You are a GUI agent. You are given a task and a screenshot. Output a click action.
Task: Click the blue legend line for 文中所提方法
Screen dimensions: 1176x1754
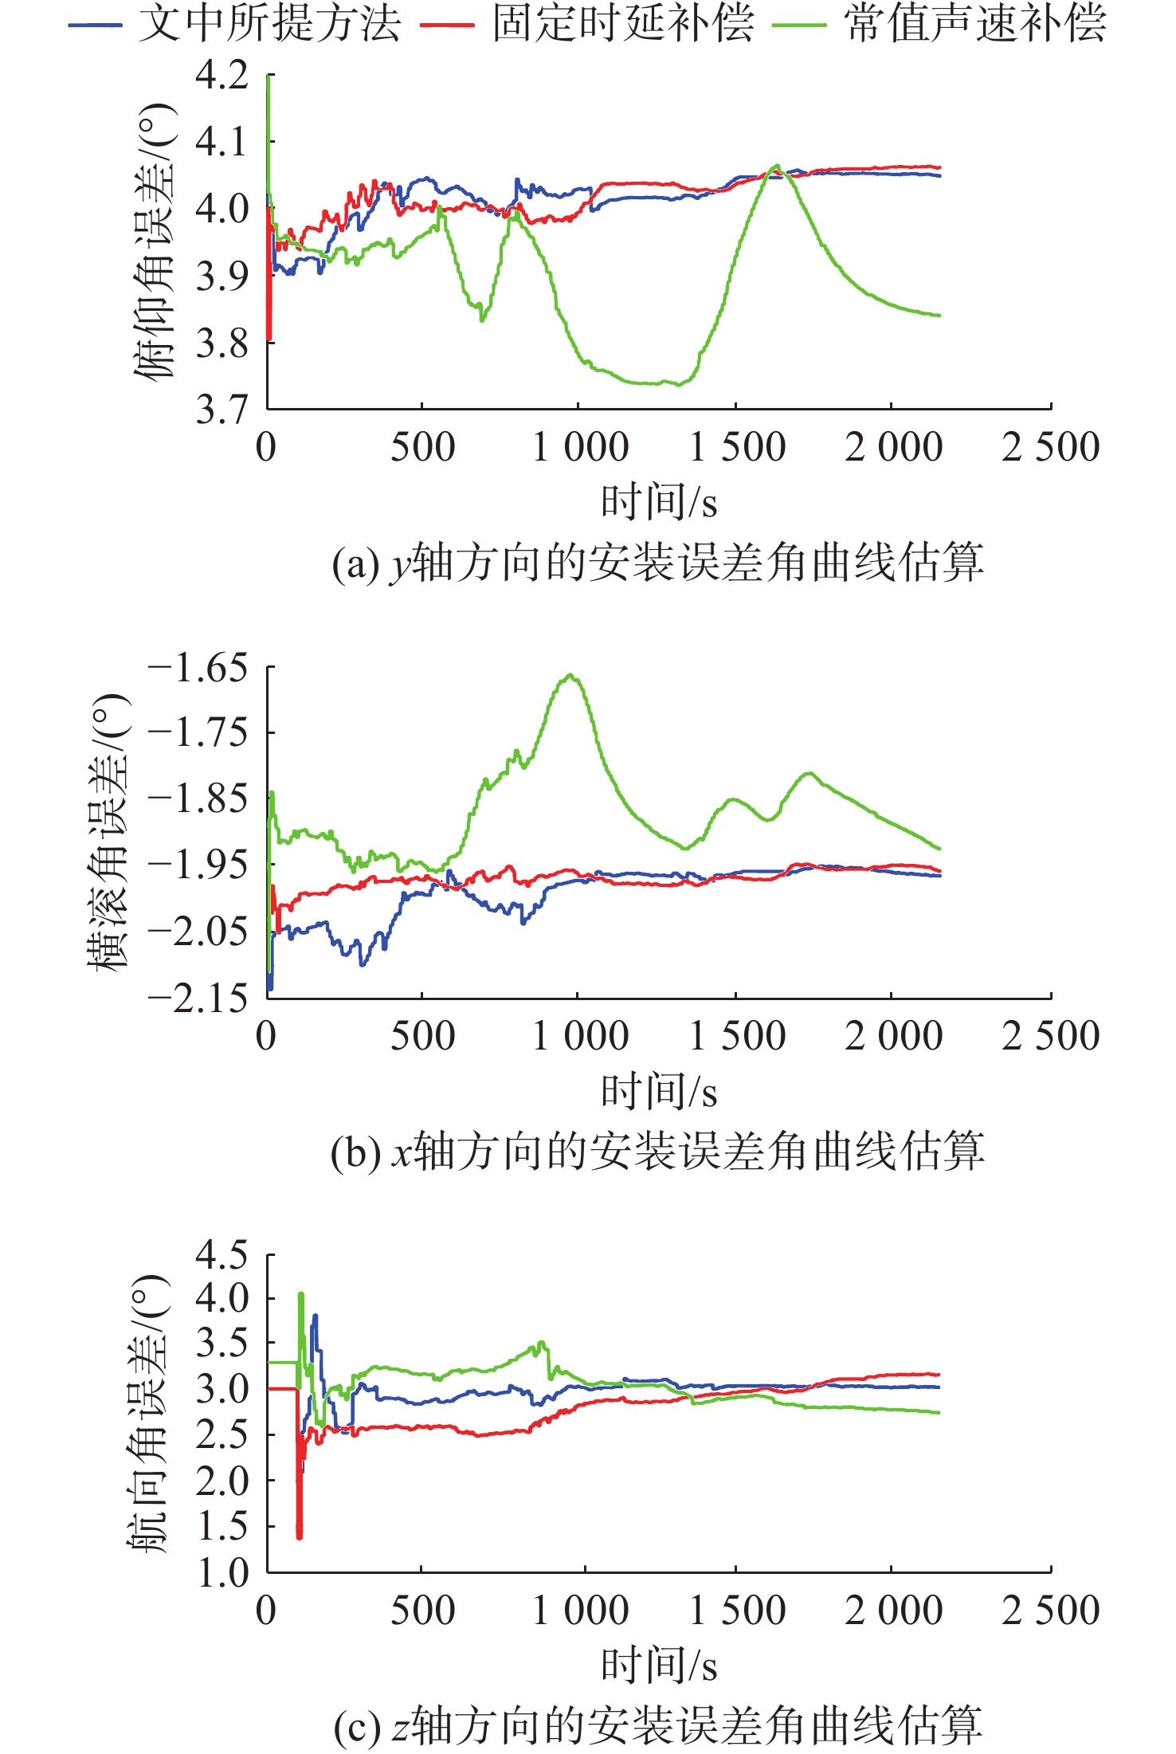95,26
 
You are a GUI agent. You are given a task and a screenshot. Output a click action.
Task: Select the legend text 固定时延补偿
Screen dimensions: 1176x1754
623,23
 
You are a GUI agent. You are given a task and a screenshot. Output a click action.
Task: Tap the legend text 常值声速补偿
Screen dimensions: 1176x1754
975,23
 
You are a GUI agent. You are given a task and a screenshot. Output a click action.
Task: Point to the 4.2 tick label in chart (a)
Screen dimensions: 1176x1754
222,75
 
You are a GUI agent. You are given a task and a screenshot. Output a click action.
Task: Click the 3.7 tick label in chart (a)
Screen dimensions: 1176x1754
222,410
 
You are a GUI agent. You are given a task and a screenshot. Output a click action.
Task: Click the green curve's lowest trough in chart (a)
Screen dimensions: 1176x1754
678,385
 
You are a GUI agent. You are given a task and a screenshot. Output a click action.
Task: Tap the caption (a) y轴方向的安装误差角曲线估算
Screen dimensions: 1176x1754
658,562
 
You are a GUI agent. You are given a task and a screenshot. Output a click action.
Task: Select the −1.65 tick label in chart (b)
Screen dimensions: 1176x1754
198,667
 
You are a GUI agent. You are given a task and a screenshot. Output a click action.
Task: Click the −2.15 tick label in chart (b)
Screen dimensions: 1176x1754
198,998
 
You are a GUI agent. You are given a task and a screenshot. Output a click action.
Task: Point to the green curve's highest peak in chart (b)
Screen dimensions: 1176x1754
570,674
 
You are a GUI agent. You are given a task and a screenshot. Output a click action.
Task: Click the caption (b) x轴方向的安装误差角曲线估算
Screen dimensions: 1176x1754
658,1152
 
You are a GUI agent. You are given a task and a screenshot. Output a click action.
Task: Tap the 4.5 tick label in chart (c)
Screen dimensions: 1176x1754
222,1255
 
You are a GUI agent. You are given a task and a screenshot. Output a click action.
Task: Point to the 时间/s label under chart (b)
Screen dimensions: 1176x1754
660,1091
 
